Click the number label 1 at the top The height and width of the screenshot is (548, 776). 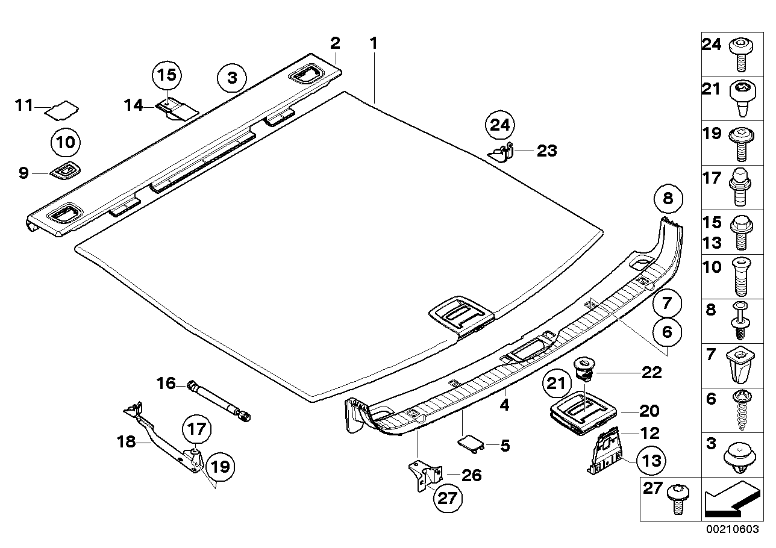[374, 43]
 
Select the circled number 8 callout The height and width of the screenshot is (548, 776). [669, 198]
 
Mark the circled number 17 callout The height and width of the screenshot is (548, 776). [198, 431]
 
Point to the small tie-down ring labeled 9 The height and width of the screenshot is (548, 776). [65, 172]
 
